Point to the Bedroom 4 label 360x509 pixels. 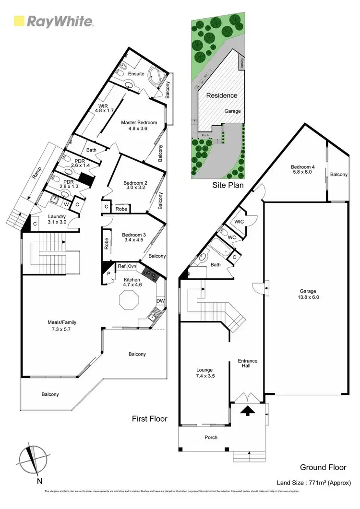[x=302, y=170]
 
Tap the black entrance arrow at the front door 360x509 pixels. [x=248, y=410]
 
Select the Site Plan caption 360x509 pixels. [x=228, y=185]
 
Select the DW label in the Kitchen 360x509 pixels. [x=160, y=301]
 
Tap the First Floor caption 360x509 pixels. [x=150, y=419]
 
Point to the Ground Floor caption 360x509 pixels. [x=320, y=467]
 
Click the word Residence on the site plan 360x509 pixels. [x=222, y=95]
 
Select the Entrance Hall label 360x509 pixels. [x=248, y=364]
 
